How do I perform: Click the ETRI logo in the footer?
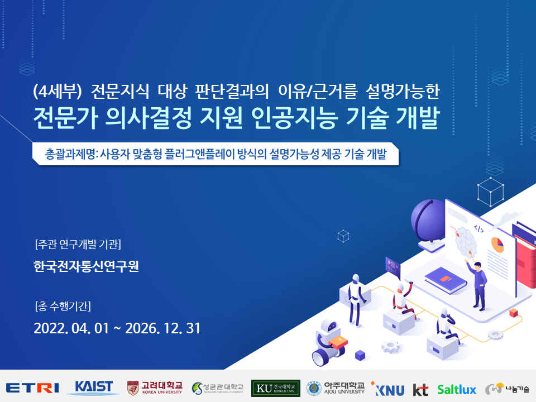[x=32, y=389]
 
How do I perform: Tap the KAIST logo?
[x=93, y=388]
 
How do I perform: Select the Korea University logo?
[x=155, y=388]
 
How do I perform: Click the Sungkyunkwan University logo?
[x=217, y=388]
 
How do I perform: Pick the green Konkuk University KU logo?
[x=275, y=389]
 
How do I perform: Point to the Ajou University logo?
[x=336, y=389]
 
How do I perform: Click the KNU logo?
[x=387, y=389]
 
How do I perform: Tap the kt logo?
[x=420, y=390]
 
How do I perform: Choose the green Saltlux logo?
[x=457, y=390]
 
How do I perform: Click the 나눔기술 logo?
[x=507, y=389]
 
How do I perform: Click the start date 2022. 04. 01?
[x=71, y=328]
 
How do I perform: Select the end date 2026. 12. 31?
[x=162, y=328]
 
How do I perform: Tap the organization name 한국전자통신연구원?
[x=86, y=266]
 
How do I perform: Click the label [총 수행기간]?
[x=63, y=306]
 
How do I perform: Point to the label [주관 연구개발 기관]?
[x=78, y=245]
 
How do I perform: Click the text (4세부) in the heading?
[x=58, y=92]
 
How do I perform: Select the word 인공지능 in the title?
[x=295, y=118]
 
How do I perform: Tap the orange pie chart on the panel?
[x=497, y=245]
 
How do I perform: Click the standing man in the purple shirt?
[x=478, y=286]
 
